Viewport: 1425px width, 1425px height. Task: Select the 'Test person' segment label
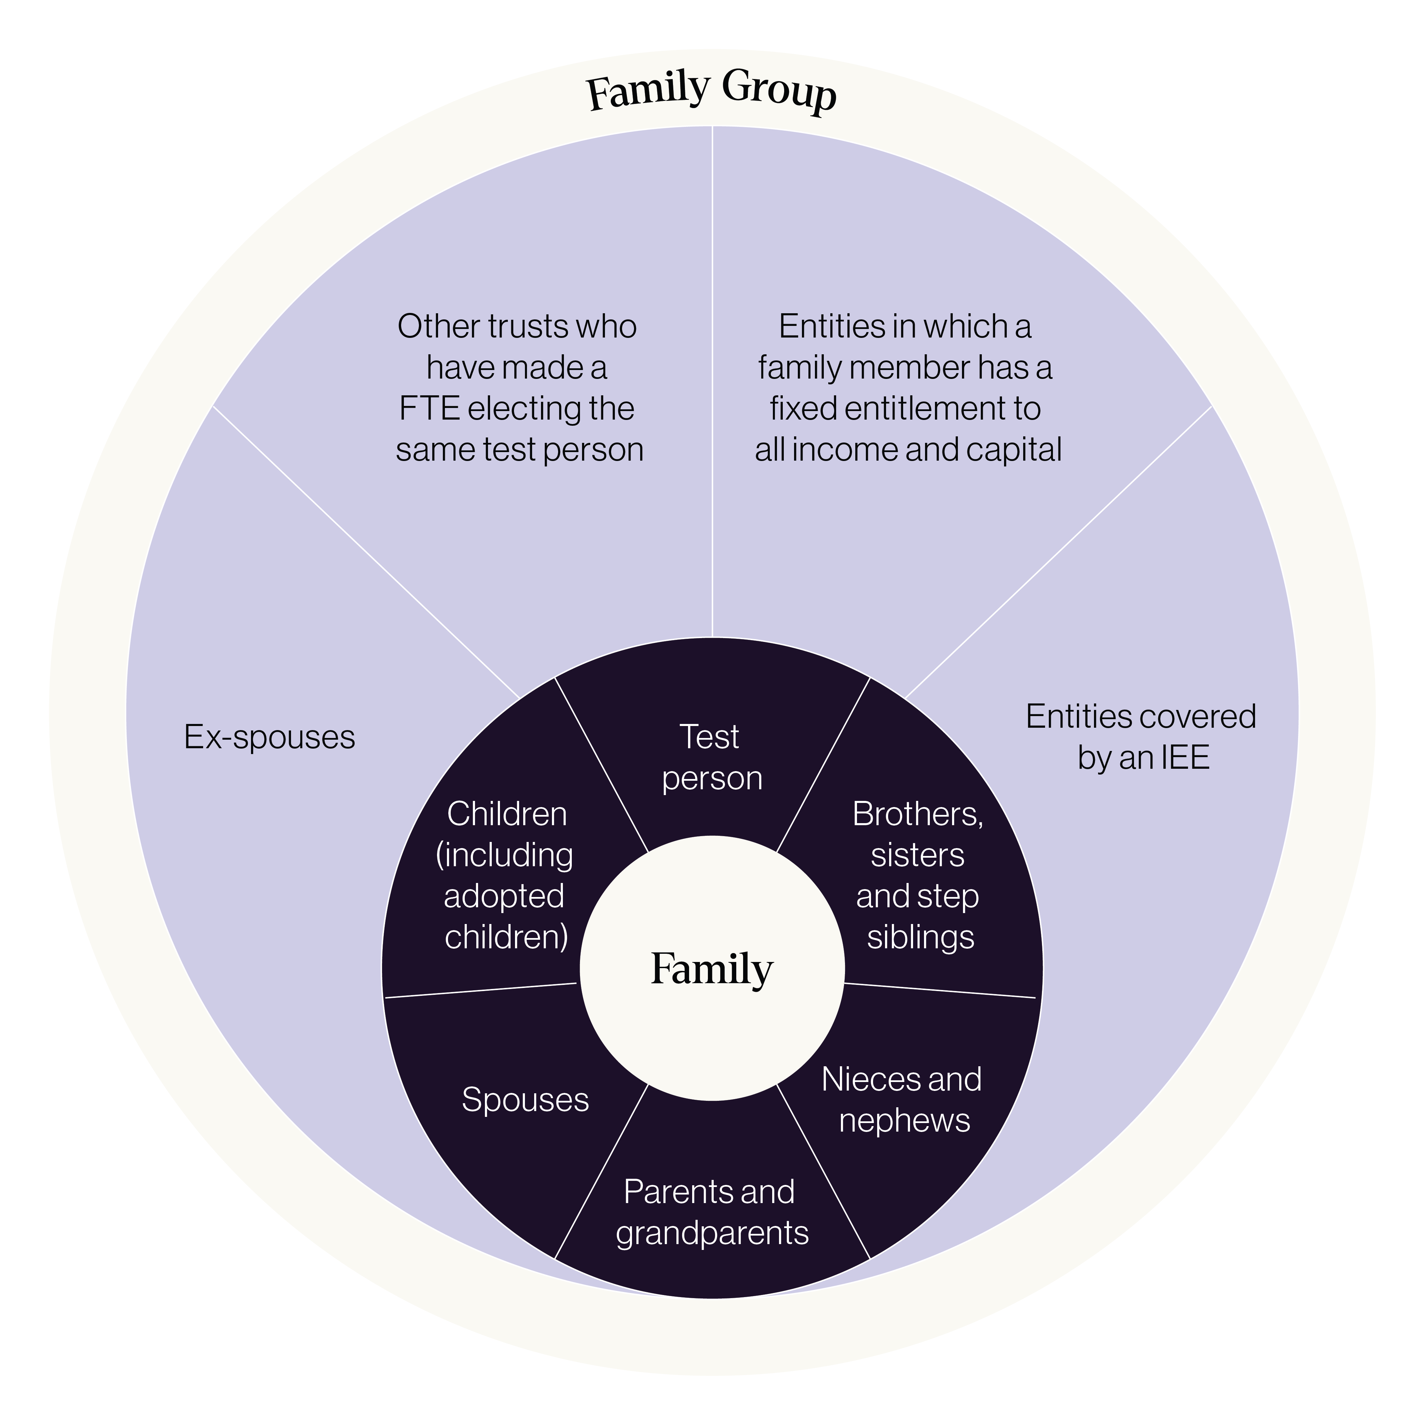pyautogui.click(x=712, y=757)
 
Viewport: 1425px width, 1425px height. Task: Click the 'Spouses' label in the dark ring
pyautogui.click(x=525, y=1100)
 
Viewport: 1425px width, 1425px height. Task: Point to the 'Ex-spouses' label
pyautogui.click(x=269, y=737)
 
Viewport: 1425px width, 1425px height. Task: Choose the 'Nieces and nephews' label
pyautogui.click(x=902, y=1100)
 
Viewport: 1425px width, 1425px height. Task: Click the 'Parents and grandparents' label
pyautogui.click(x=712, y=1213)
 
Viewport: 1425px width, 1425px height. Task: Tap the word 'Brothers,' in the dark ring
pyautogui.click(x=918, y=814)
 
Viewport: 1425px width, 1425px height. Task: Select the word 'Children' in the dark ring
pyautogui.click(x=507, y=814)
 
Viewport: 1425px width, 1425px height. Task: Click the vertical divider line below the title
pyautogui.click(x=712, y=381)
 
